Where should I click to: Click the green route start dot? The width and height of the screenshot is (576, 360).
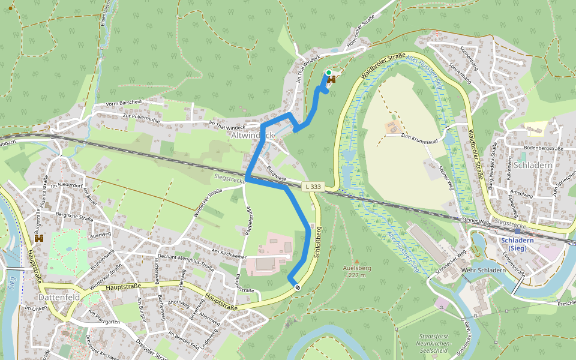pyautogui.click(x=328, y=73)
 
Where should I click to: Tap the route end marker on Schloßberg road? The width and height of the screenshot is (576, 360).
pyautogui.click(x=296, y=287)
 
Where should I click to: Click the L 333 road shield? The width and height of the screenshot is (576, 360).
pyautogui.click(x=313, y=187)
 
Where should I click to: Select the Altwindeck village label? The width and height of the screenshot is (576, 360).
pyautogui.click(x=252, y=135)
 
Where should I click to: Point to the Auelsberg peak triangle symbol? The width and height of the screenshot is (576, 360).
pyautogui.click(x=357, y=262)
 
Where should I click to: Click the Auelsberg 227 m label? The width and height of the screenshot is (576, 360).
pyautogui.click(x=357, y=272)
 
